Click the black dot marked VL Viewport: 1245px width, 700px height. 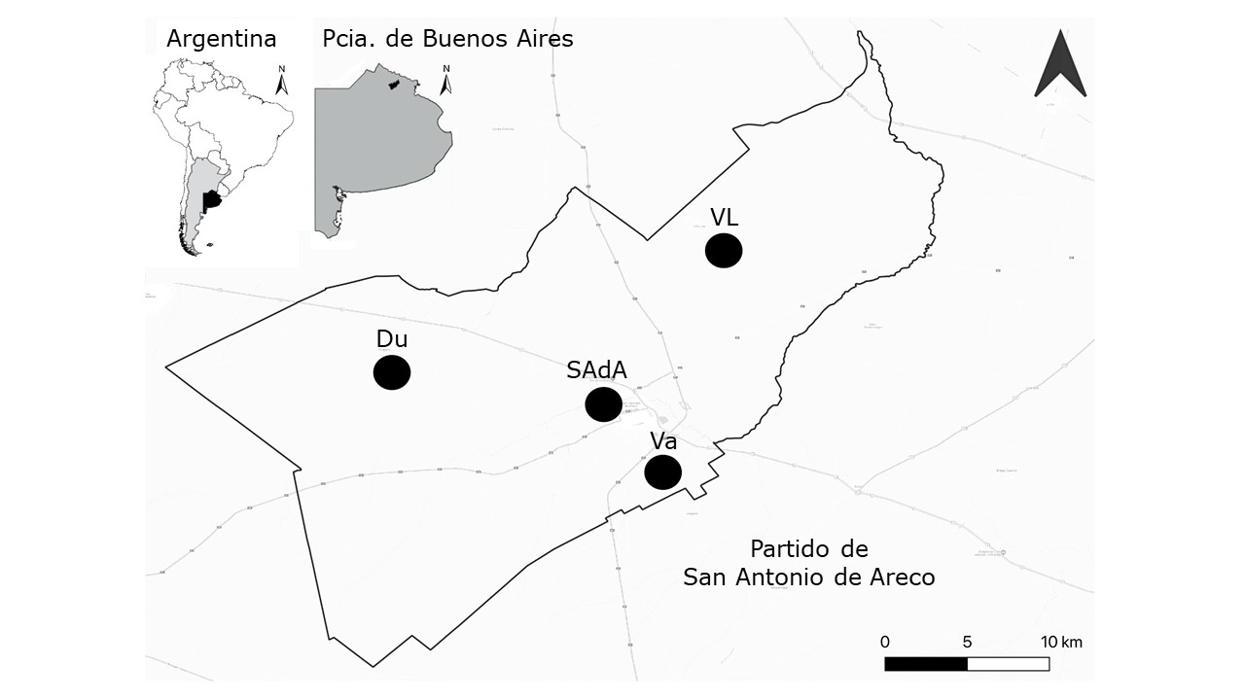pyautogui.click(x=724, y=250)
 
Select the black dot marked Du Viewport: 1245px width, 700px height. pyautogui.click(x=392, y=372)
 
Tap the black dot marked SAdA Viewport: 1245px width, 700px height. pyautogui.click(x=603, y=403)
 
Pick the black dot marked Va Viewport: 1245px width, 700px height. pyautogui.click(x=663, y=472)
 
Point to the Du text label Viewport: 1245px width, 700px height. pyautogui.click(x=392, y=339)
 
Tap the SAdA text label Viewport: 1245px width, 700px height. pyautogui.click(x=597, y=370)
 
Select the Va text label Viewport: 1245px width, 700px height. pyautogui.click(x=663, y=440)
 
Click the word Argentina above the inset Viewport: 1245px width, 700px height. pyautogui.click(x=222, y=39)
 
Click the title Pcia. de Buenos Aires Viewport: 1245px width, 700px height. pyautogui.click(x=447, y=39)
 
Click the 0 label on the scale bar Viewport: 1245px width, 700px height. pyautogui.click(x=885, y=642)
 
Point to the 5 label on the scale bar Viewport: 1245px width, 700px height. pyautogui.click(x=967, y=642)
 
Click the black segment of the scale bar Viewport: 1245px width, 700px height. pyautogui.click(x=926, y=664)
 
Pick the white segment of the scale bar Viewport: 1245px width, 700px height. pyautogui.click(x=1008, y=664)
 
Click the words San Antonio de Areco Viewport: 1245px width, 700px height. pyautogui.click(x=809, y=577)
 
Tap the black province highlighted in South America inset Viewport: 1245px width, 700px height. pyautogui.click(x=211, y=201)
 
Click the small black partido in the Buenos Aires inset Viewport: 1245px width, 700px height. pyautogui.click(x=394, y=86)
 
